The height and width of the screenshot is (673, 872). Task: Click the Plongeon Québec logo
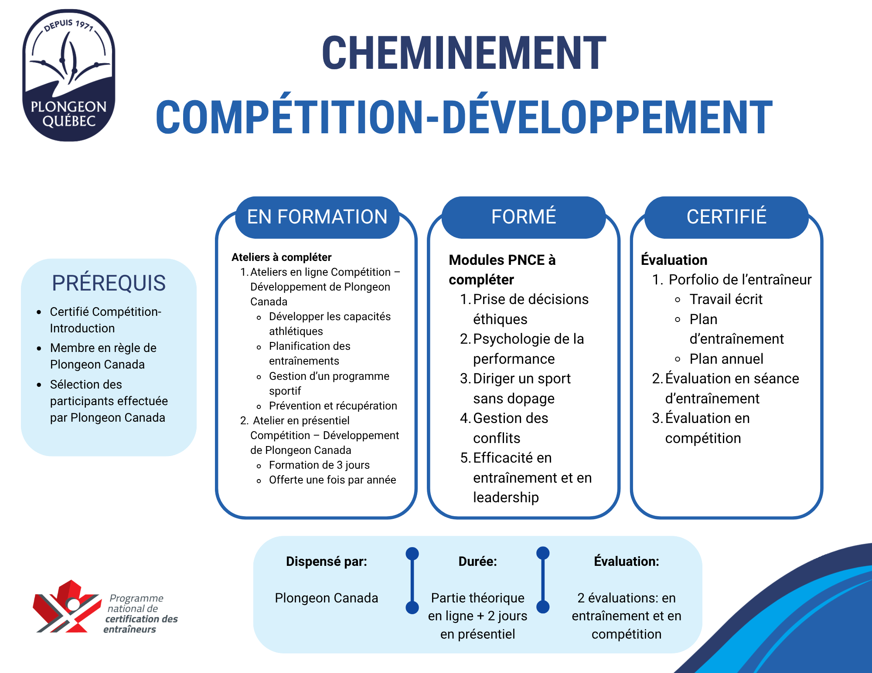(x=69, y=75)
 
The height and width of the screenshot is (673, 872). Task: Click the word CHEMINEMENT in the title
(x=464, y=53)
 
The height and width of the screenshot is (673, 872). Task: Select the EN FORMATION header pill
(x=317, y=217)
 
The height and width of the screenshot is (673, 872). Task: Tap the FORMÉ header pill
(x=524, y=217)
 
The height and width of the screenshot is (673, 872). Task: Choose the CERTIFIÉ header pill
(x=726, y=217)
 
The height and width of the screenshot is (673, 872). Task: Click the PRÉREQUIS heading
(x=109, y=283)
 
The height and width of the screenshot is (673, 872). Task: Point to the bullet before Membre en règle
(x=39, y=348)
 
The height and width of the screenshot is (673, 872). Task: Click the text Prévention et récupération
(x=333, y=406)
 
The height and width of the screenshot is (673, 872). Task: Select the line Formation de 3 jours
(x=319, y=465)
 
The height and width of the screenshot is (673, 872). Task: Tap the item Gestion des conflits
(x=511, y=428)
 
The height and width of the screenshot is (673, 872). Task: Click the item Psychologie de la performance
(x=528, y=349)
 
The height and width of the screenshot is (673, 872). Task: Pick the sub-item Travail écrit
(x=726, y=299)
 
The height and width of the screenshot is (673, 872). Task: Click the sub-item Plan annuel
(x=726, y=359)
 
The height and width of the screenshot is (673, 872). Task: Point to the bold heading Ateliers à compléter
(x=282, y=257)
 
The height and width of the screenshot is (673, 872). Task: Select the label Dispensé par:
(x=327, y=561)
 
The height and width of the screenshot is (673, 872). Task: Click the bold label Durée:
(x=478, y=561)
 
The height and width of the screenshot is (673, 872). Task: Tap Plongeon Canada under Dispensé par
(x=327, y=598)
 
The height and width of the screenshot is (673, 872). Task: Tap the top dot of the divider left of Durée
(x=412, y=554)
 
